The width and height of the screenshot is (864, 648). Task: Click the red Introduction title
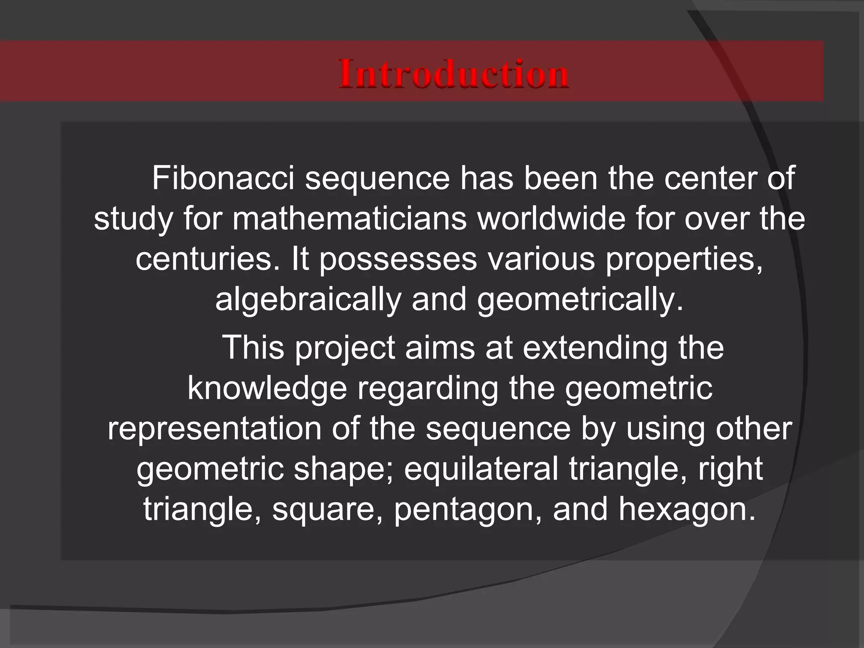[x=454, y=74]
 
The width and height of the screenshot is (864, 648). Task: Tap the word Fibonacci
[x=223, y=178]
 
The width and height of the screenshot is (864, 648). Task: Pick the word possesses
[x=397, y=260]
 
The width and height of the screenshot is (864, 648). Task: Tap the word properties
[x=684, y=260]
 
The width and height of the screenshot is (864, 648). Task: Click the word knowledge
[x=267, y=389]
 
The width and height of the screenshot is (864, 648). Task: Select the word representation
[x=214, y=429]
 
